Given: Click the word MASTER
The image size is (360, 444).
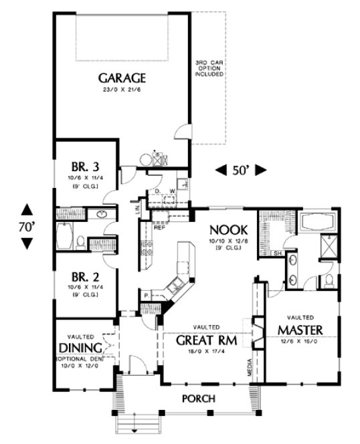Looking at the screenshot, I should coord(301,330).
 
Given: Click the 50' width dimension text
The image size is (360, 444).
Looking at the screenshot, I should coord(240,171).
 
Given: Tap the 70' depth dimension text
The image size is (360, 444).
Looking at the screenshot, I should coord(26,226).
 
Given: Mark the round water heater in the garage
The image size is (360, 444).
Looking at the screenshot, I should coord(146,158).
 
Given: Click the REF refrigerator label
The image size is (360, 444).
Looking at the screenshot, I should coord(159,226).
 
